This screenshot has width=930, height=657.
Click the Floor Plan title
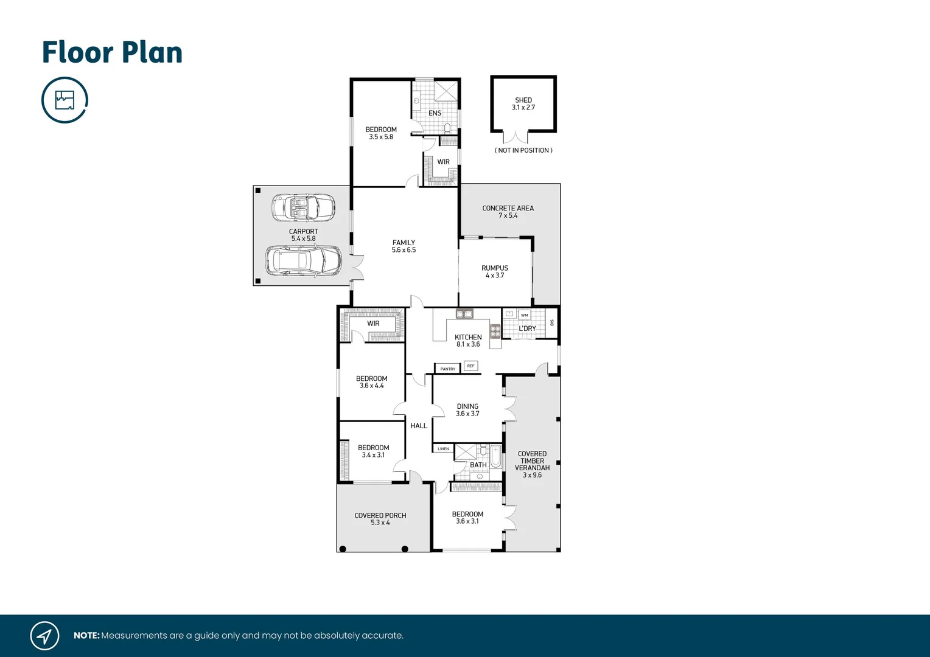pos(112,52)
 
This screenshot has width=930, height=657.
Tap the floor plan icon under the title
pos(65,100)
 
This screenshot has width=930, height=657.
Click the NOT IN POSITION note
pos(523,150)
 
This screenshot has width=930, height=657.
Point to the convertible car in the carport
pos(303,207)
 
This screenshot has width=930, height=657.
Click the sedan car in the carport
pos(303,261)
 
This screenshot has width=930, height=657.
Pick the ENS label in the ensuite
pos(435,113)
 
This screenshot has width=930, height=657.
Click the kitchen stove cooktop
pos(495,331)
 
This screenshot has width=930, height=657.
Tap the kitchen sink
pos(464,314)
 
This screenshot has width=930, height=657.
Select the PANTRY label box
pos(447,369)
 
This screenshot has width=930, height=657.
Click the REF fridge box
pos(470,366)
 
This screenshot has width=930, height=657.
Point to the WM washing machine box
pos(524,315)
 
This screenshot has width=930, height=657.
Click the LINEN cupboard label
pos(443,449)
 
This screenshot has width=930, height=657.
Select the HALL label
pos(419,426)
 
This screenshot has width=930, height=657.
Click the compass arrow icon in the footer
pos(44,636)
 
